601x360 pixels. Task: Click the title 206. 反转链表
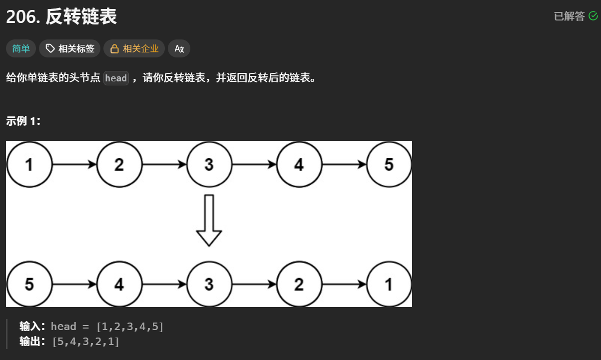coord(61,17)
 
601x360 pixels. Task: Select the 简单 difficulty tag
coord(21,48)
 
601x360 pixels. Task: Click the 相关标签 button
coord(70,48)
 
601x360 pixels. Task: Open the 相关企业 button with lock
coord(134,48)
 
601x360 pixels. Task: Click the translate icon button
coord(179,48)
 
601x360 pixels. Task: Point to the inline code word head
coord(116,78)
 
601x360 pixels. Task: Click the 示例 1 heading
coord(23,121)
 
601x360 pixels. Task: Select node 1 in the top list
coord(29,164)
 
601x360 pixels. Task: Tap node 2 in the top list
coord(119,164)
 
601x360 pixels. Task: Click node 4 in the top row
coord(299,164)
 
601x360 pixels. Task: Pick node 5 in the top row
coord(389,164)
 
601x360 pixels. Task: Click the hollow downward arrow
coord(209,220)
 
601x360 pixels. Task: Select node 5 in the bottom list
coord(29,284)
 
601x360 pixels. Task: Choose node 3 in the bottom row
coord(209,284)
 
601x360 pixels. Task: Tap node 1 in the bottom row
coord(389,284)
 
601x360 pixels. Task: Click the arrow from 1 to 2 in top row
coord(74,164)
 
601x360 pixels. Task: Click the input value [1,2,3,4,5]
coord(130,327)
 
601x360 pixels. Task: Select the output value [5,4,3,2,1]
coord(86,342)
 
